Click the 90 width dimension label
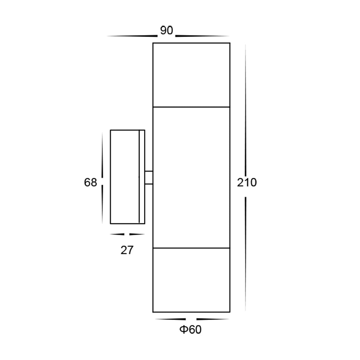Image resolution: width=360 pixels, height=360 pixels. [x=167, y=31]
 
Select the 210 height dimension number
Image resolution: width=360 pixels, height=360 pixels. [x=247, y=183]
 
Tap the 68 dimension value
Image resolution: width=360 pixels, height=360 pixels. [x=90, y=183]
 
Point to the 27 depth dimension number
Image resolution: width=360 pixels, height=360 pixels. [x=127, y=250]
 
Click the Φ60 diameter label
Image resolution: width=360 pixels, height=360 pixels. [x=191, y=330]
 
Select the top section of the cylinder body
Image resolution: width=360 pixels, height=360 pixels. [x=191, y=75]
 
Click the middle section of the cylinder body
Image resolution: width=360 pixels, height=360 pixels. [x=191, y=177]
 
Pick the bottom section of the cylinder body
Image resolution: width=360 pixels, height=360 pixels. [x=191, y=280]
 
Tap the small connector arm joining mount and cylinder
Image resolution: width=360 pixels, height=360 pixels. [x=149, y=177]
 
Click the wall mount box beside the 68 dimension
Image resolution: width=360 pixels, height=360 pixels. [x=124, y=177]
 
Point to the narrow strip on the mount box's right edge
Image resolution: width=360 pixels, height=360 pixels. [x=142, y=177]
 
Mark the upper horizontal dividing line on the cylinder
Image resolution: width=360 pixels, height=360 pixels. [x=191, y=107]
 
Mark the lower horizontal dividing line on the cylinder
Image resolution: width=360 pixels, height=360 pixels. [x=191, y=248]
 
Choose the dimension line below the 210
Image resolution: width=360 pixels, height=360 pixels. [x=246, y=253]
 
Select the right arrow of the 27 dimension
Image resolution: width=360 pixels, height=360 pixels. [x=137, y=234]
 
